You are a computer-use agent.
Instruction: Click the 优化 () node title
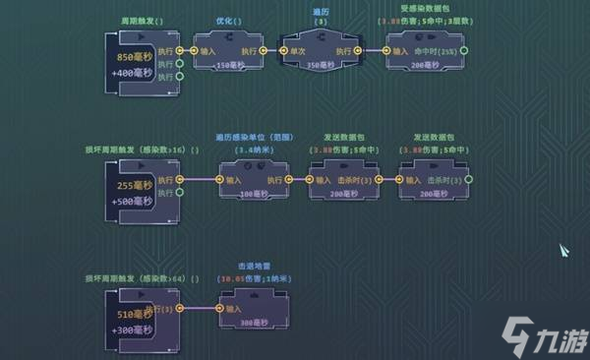pos(230,21)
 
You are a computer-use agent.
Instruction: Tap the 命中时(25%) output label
pos(437,49)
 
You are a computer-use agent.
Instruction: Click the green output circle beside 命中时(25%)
pos(464,49)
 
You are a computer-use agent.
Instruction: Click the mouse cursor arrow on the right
pos(565,251)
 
